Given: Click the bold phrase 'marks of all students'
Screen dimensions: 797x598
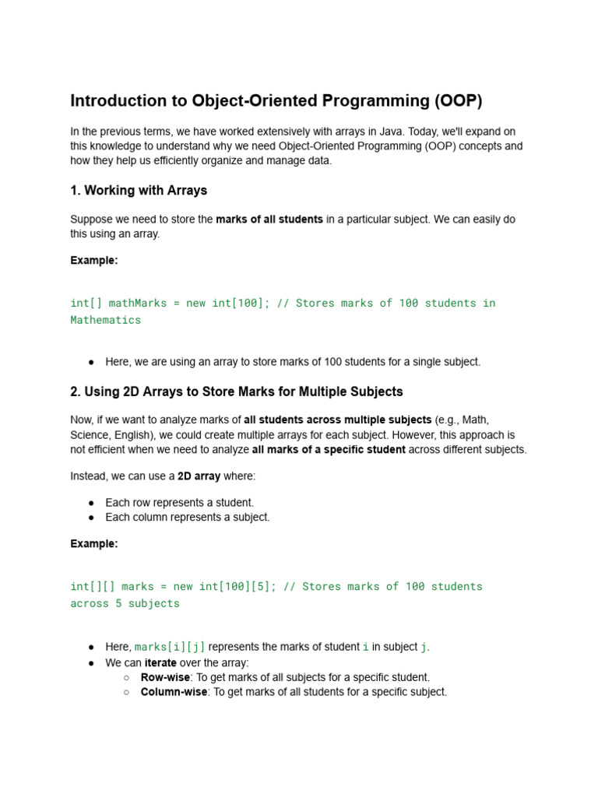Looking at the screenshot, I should click(x=269, y=220).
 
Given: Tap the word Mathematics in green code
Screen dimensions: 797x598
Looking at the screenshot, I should click(x=106, y=320).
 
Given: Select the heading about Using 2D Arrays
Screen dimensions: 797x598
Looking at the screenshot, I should click(x=237, y=391).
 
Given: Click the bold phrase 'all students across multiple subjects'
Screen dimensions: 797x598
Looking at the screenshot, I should click(x=338, y=420).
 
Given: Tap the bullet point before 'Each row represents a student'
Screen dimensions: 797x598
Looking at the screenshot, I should click(x=92, y=504).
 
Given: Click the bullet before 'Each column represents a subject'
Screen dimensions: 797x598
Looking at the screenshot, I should click(x=92, y=518).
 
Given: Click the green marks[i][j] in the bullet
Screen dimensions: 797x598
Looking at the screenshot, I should click(x=171, y=648).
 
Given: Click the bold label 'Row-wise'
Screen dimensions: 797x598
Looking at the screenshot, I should click(x=165, y=678).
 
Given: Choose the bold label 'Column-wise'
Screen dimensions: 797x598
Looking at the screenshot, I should click(x=174, y=692).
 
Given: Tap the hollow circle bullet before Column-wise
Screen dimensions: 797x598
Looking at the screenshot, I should click(x=126, y=692).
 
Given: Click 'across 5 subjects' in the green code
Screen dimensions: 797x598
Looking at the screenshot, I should click(x=125, y=603).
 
